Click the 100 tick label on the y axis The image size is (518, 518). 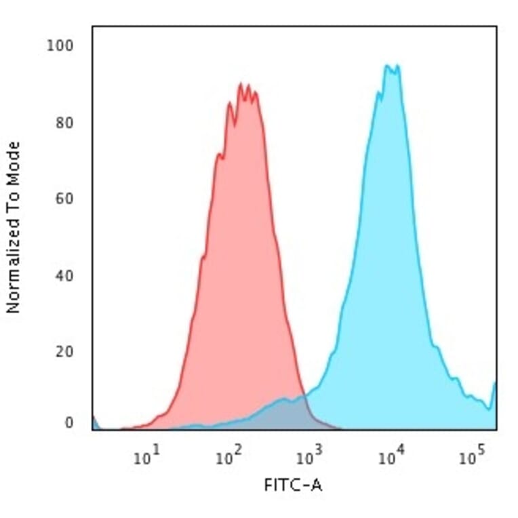[x=60, y=46]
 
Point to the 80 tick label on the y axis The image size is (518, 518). [x=64, y=123]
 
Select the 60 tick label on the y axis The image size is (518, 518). [x=64, y=199]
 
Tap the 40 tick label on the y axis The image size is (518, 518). [x=64, y=276]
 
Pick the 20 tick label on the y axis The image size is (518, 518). [x=64, y=352]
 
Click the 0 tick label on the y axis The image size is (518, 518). [x=68, y=423]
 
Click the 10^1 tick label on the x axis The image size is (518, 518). [x=146, y=458]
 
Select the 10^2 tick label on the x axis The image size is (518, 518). [x=227, y=458]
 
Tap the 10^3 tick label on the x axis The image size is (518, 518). [x=308, y=458]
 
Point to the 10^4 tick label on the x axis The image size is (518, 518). [x=390, y=458]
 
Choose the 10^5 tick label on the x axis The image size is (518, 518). [x=471, y=458]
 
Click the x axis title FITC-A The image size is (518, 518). [x=292, y=485]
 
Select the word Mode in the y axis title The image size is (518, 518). [x=13, y=159]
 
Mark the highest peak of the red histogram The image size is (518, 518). [x=241, y=84]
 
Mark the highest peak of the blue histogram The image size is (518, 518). [x=388, y=66]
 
